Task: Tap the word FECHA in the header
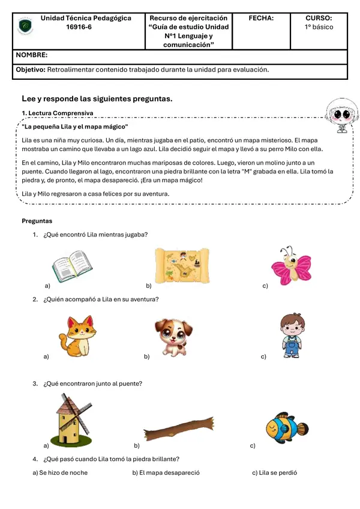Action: click(261, 19)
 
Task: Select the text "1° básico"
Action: click(319, 27)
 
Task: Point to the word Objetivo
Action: click(30, 70)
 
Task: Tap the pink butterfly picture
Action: click(291, 265)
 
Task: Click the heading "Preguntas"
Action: click(37, 221)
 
